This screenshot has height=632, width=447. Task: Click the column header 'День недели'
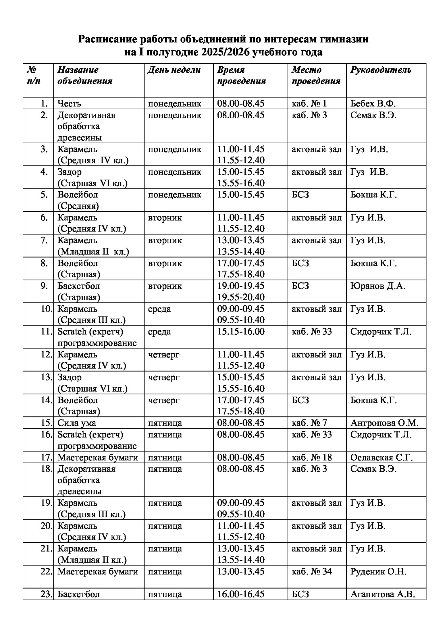pos(174,70)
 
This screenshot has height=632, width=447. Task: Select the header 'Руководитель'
pos(380,70)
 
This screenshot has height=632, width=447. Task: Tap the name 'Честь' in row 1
pos(69,103)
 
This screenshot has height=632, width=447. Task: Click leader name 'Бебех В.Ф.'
pos(373,103)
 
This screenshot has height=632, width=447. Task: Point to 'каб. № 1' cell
pos(309,103)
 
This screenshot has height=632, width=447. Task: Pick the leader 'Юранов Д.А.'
pos(377,286)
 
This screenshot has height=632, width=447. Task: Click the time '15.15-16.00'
pos(241,332)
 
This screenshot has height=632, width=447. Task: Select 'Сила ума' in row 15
pos(77,423)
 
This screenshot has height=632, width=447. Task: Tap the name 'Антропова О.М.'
pos(384,423)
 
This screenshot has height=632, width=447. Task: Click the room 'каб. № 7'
pos(309,423)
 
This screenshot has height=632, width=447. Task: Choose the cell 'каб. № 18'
pos(312,457)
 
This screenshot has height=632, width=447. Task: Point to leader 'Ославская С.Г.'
pos(382,457)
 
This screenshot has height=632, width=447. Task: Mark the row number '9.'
pos(44,286)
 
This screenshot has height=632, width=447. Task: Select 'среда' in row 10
pos(159,309)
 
